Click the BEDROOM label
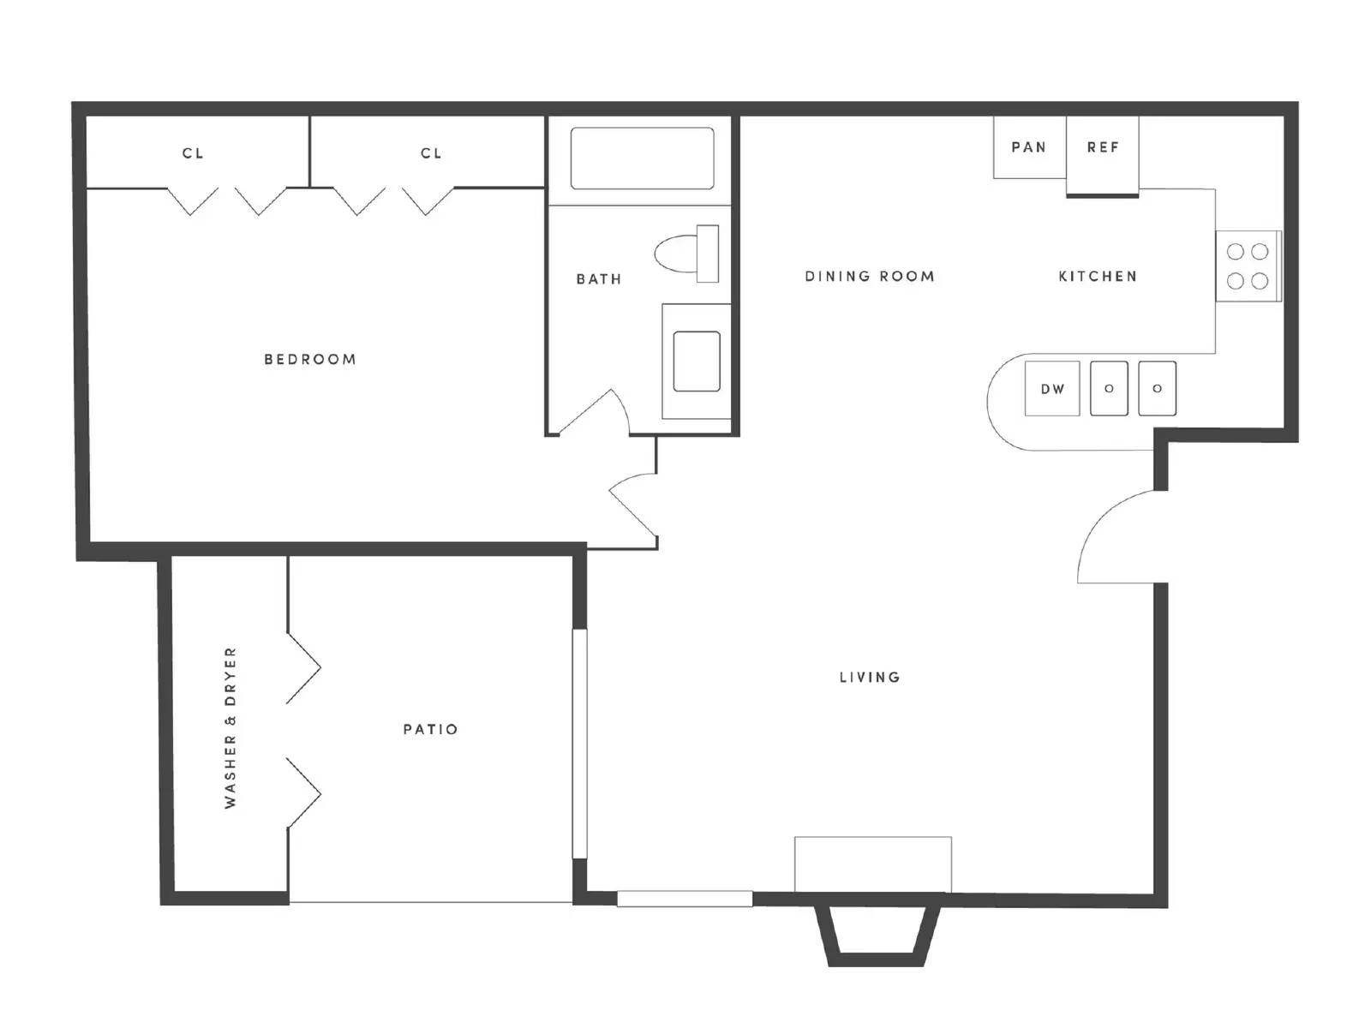coord(309,359)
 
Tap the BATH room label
coord(598,278)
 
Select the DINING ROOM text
coord(869,276)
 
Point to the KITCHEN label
coord(1097,276)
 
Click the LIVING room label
coord(869,678)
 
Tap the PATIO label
coord(430,729)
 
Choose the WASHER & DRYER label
coord(230,727)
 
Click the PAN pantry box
coord(1029,147)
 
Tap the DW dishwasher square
coord(1052,389)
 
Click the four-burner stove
coord(1248,266)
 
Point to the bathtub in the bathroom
coord(643,158)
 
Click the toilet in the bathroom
coord(686,254)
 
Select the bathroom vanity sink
coord(697,361)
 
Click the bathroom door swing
coord(602,408)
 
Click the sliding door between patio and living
coord(580,744)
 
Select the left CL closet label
coord(192,153)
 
